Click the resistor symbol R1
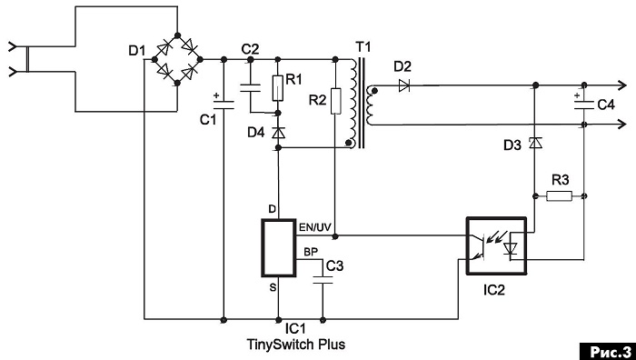pos(277,87)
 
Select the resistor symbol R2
pos(335,101)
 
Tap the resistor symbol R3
pos(560,196)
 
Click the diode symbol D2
pos(404,85)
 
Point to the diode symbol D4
pos(278,133)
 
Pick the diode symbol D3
pos(536,143)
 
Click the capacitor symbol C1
pos(224,105)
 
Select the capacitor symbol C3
pos(323,280)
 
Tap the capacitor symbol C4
pos(583,105)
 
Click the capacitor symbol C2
pos(250,87)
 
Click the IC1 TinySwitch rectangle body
pos(278,248)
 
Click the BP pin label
pos(311,252)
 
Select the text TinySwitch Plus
pos(296,345)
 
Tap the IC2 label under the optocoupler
pos(494,290)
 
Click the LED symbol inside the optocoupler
pos(510,248)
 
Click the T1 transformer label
pos(363,47)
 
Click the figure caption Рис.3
pos(607,351)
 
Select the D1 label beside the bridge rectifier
pos(136,51)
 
